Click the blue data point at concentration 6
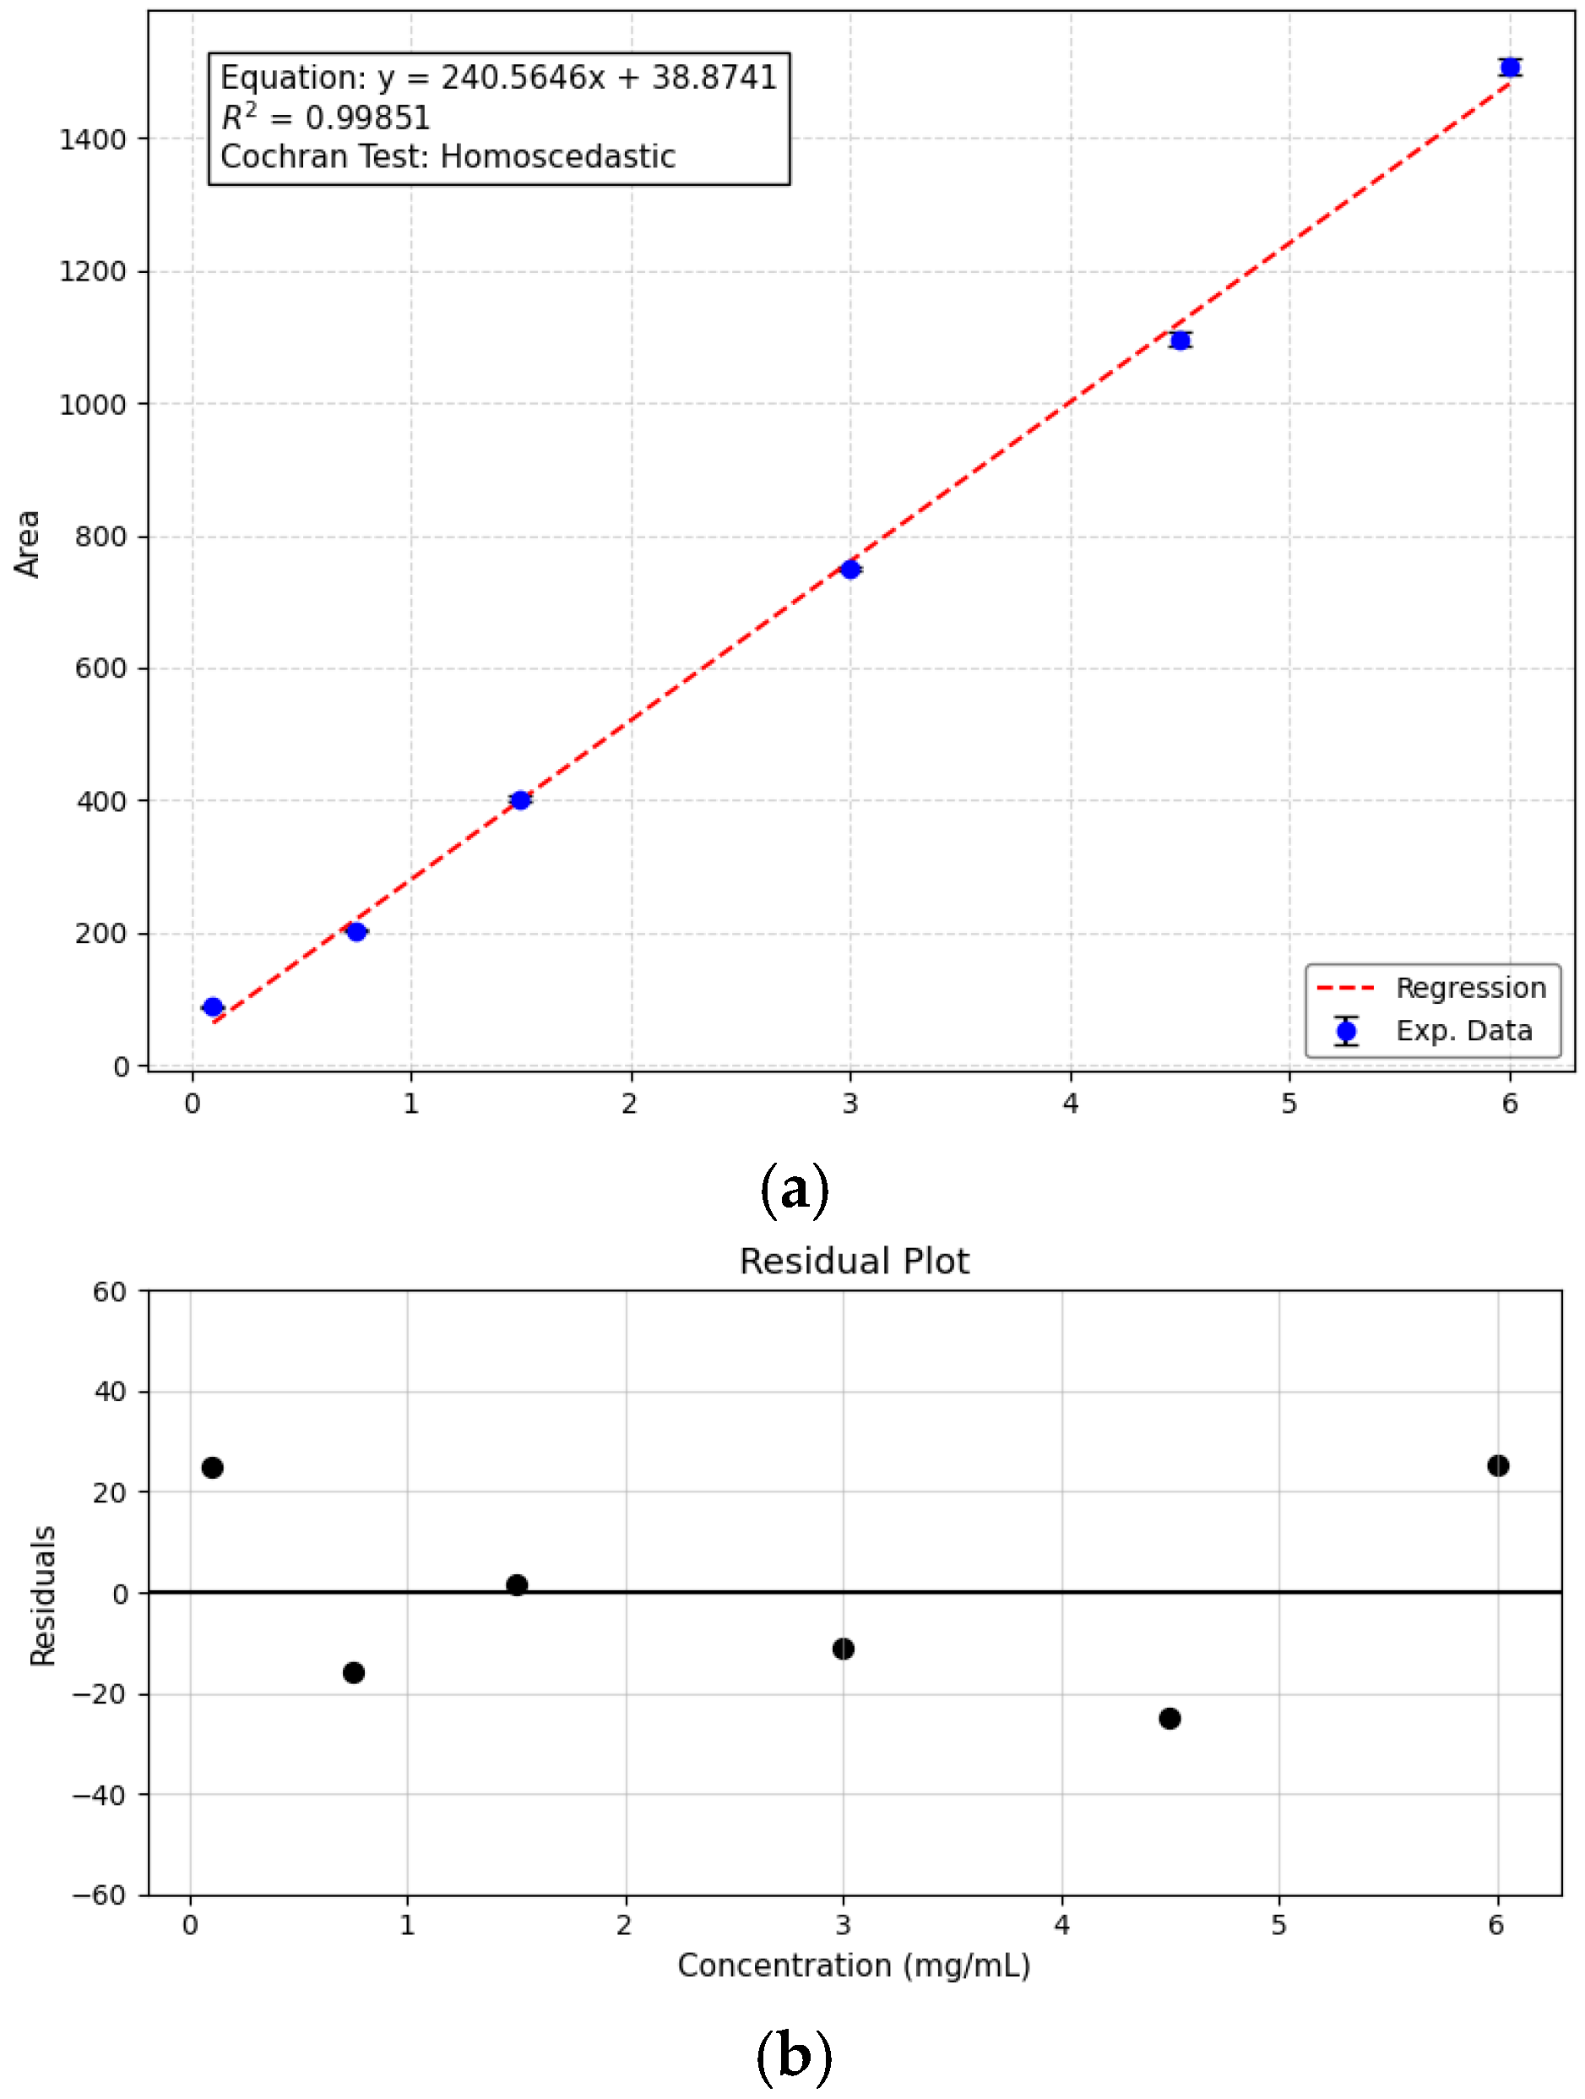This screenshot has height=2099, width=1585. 1509,68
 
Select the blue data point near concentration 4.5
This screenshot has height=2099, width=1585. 1180,341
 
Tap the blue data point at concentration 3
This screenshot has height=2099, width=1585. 849,570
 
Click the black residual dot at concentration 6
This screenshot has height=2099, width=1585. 1498,1466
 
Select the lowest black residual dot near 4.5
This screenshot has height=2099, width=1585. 1170,1719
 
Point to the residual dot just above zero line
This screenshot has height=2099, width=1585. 517,1584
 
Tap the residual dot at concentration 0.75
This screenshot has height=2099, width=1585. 354,1672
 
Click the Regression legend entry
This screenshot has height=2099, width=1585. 1469,988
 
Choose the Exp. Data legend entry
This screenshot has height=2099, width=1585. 1463,1031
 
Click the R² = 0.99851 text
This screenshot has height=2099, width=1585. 325,117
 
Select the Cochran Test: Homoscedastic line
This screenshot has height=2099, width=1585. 448,156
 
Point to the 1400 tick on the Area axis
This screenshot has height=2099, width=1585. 92,140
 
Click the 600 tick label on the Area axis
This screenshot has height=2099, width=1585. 100,669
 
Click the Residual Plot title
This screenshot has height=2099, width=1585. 854,1261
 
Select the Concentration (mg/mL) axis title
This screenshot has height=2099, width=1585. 854,1965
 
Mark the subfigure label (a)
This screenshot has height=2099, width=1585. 795,1189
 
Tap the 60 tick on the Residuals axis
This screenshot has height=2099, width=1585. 109,1291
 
